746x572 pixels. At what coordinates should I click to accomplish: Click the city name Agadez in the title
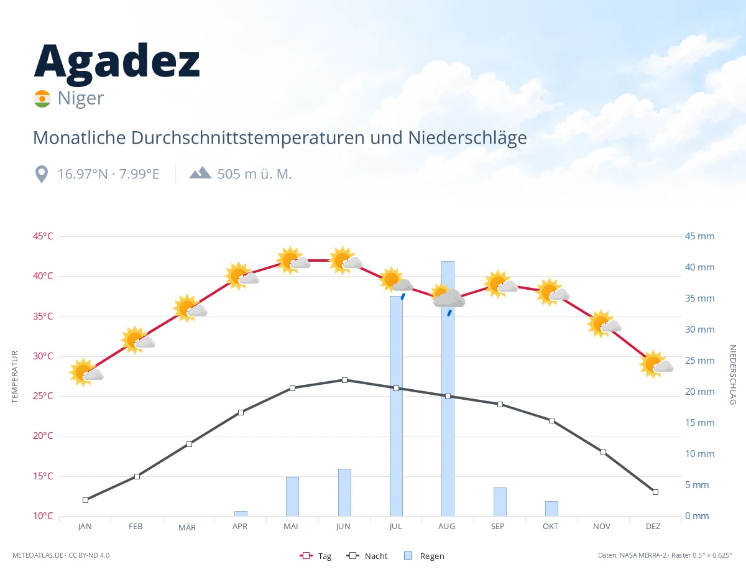[x=117, y=64]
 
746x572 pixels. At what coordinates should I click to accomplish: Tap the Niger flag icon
[x=42, y=99]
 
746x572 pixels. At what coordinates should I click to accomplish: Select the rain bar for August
[x=448, y=389]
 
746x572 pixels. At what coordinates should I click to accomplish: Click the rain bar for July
[x=396, y=406]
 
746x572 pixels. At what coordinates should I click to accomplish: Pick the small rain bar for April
[x=241, y=514]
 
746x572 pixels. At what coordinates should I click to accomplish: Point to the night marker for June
[x=344, y=380]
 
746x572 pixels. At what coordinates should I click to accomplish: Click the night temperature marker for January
[x=86, y=500]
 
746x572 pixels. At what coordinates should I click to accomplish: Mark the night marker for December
[x=655, y=492]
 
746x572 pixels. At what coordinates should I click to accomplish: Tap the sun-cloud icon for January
[x=86, y=372]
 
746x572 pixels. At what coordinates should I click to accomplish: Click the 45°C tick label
[x=43, y=236]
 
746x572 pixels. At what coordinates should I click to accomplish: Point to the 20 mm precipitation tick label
[x=699, y=392]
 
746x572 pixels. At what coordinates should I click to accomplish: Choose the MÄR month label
[x=187, y=527]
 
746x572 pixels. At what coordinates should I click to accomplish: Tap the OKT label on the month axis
[x=550, y=527]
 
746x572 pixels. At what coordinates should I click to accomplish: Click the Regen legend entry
[x=424, y=556]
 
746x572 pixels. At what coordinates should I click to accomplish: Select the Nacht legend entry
[x=367, y=556]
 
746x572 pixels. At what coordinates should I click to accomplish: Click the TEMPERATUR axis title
[x=14, y=377]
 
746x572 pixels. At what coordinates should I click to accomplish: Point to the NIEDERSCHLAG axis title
[x=732, y=374]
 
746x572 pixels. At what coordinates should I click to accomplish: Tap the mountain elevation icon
[x=201, y=173]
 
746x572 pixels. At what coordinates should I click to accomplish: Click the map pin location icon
[x=42, y=174]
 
